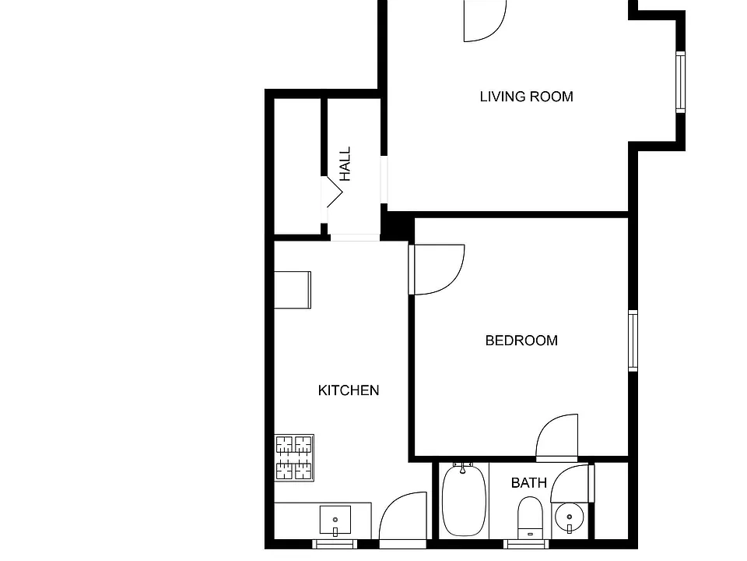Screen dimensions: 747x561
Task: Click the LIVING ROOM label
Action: [x=527, y=97]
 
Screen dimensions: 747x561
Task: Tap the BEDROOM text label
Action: [x=521, y=340]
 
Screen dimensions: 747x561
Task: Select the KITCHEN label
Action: [x=349, y=390]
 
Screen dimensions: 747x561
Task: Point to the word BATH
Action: [x=529, y=483]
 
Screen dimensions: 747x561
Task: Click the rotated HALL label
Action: [x=345, y=164]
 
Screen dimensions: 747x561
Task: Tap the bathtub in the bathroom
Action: [x=464, y=500]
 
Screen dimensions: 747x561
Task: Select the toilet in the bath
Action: [x=530, y=518]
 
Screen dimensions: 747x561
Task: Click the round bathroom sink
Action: [x=570, y=517]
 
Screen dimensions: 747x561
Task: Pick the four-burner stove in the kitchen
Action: [x=294, y=457]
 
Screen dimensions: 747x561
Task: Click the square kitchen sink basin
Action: [x=335, y=520]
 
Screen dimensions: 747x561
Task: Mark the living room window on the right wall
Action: [x=681, y=82]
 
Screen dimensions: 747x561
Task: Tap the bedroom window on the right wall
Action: [x=633, y=340]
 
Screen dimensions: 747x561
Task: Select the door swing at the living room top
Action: [x=485, y=21]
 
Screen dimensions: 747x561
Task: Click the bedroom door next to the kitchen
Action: [x=437, y=270]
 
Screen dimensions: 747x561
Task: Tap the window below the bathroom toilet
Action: [x=526, y=545]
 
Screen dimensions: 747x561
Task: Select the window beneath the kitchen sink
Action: [x=335, y=545]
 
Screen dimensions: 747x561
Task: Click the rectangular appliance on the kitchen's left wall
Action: [x=293, y=290]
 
